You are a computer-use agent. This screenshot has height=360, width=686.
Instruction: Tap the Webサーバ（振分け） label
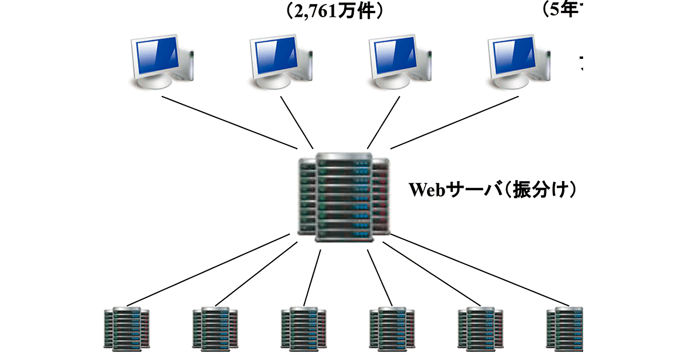click(x=491, y=189)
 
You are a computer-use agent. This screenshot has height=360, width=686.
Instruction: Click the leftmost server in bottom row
click(x=126, y=328)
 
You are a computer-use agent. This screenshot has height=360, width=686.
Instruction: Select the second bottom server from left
click(x=215, y=328)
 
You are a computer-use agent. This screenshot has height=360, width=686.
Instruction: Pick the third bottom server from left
click(x=304, y=328)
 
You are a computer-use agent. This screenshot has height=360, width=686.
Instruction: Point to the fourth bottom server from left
click(x=392, y=328)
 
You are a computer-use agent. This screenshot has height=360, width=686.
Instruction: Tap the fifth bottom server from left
click(x=481, y=328)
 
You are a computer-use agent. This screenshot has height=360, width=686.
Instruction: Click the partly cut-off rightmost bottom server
click(x=566, y=328)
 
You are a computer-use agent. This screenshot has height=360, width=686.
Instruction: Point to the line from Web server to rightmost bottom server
click(x=480, y=269)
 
